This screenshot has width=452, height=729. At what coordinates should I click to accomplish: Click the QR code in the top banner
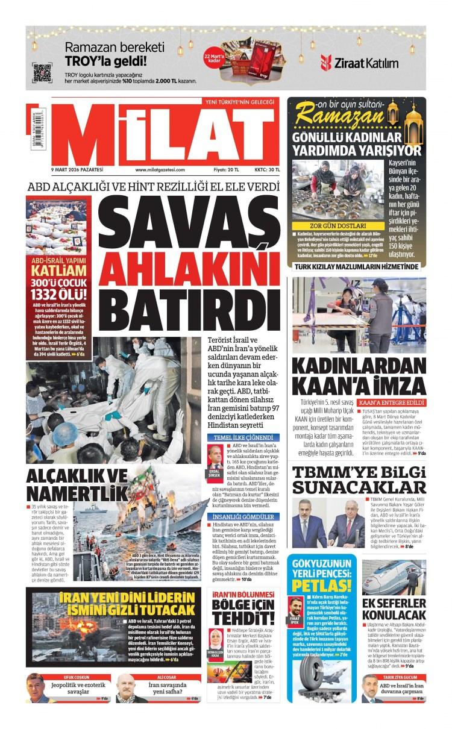pyautogui.click(x=42, y=72)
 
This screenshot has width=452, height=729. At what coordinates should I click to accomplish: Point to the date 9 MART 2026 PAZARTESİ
pyautogui.click(x=78, y=170)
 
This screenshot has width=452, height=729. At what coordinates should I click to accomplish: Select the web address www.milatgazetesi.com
pyautogui.click(x=160, y=170)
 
